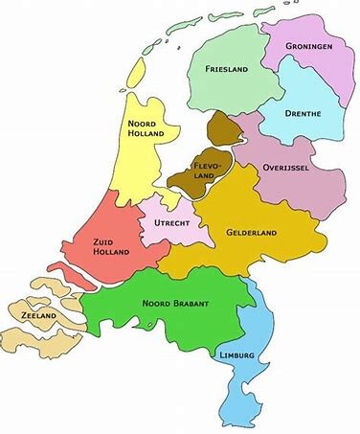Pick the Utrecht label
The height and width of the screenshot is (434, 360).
point(169,223)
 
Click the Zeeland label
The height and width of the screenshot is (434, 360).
point(32,315)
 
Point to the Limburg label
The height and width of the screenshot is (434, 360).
point(236,355)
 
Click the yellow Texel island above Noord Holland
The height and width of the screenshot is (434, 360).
point(134,72)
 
